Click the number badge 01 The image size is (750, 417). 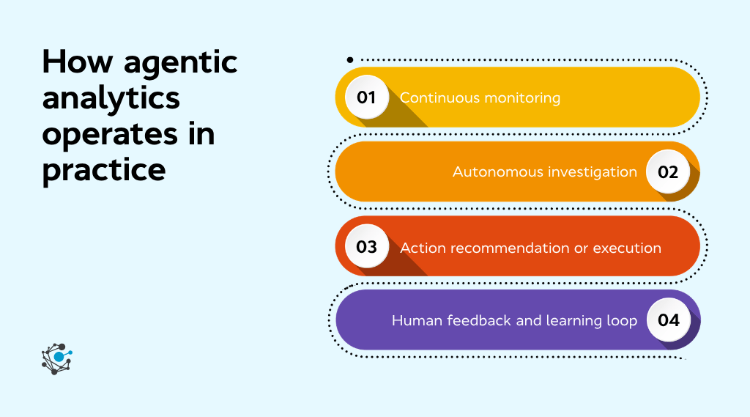pos(366,97)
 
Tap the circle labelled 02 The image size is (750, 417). pos(668,172)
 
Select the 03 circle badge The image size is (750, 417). pos(366,246)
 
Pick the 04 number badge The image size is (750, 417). pos(668,320)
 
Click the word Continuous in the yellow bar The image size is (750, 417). pos(437,97)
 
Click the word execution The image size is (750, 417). pos(627,248)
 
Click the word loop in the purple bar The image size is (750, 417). pos(621,321)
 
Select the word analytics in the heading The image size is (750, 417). pos(111,98)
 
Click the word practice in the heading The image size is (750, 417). pos(104,171)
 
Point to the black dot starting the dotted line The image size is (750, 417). pos(350,59)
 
